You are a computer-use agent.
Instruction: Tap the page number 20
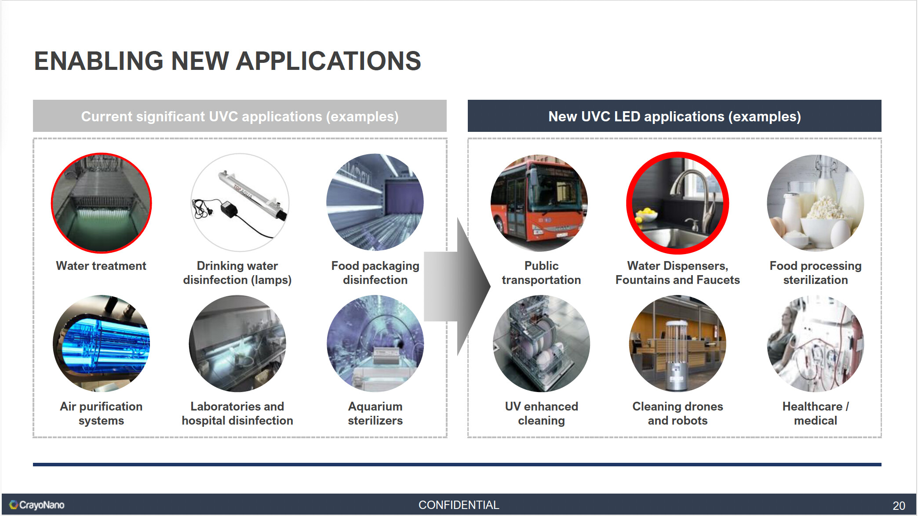click(899, 505)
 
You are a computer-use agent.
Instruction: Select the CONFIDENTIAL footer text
click(459, 505)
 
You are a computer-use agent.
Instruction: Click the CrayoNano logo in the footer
click(37, 505)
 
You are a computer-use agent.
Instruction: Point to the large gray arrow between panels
click(457, 287)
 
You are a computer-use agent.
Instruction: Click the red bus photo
click(539, 203)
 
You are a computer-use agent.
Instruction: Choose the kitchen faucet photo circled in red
click(678, 203)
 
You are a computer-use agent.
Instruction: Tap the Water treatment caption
click(101, 266)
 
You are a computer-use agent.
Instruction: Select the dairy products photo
click(816, 203)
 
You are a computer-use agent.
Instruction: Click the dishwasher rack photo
click(541, 343)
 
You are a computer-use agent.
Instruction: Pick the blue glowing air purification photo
click(101, 343)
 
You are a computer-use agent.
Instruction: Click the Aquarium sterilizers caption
click(375, 414)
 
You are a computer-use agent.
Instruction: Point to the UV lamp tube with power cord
click(240, 203)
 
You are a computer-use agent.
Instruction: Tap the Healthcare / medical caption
click(816, 414)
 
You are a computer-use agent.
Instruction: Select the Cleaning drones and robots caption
click(678, 414)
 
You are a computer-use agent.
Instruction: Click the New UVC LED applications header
click(674, 116)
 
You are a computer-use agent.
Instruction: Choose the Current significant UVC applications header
click(240, 116)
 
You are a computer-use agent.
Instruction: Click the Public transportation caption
click(541, 273)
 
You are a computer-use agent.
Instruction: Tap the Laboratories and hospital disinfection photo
click(237, 343)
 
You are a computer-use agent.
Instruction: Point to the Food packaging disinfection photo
click(375, 202)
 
